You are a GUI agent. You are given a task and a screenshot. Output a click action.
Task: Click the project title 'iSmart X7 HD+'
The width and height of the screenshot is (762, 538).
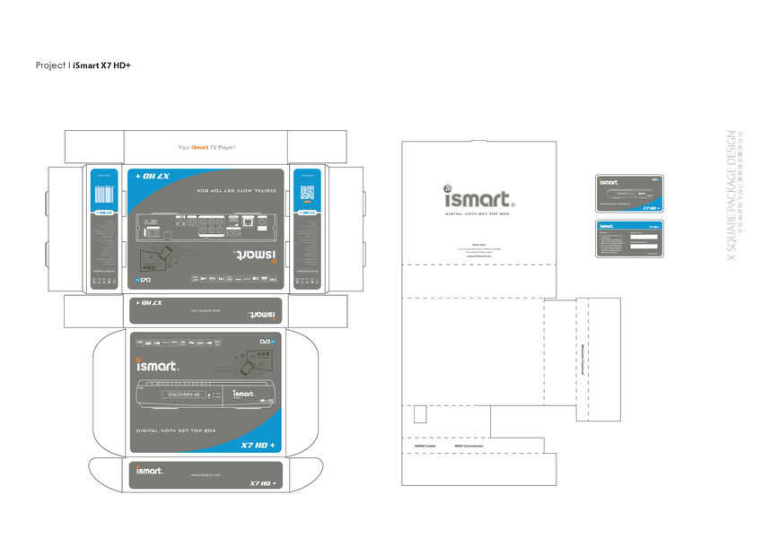tap(102, 65)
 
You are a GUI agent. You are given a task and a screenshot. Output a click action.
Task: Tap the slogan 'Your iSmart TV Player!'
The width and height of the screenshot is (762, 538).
tap(206, 146)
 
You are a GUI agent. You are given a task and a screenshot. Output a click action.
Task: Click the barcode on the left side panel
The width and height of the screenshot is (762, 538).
tap(106, 197)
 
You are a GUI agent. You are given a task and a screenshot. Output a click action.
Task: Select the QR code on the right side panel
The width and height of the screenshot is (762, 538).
tap(307, 193)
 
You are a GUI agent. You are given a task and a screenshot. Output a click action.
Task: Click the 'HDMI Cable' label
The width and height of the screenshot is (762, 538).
tap(425, 445)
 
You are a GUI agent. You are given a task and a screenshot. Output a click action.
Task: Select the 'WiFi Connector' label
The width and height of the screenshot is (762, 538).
tap(469, 445)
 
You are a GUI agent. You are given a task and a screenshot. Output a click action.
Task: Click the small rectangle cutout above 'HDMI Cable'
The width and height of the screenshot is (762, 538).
tap(419, 414)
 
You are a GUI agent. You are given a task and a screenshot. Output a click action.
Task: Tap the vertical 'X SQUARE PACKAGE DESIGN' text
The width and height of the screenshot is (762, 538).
tap(731, 196)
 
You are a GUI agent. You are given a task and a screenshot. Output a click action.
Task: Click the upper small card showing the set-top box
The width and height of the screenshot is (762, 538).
tap(629, 194)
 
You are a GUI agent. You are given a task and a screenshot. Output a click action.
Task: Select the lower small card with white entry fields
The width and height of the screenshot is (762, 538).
tap(629, 238)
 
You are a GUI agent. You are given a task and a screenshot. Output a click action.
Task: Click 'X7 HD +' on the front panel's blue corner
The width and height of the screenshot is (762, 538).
tap(258, 446)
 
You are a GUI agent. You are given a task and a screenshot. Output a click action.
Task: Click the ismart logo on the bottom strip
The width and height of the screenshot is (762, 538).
tap(149, 469)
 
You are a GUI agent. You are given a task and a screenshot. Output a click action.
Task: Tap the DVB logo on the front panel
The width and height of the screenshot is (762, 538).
tap(267, 342)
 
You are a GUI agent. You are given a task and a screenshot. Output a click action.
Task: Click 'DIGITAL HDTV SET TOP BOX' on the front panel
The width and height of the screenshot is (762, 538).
tap(176, 431)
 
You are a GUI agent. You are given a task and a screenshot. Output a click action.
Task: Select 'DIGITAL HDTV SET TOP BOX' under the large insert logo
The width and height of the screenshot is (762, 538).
tap(477, 214)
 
